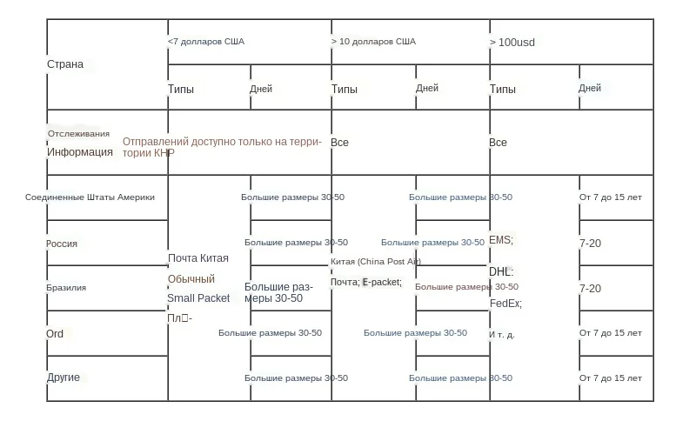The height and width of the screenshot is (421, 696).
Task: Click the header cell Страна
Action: coord(65,64)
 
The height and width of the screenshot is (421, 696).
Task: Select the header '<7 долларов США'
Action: coord(206,41)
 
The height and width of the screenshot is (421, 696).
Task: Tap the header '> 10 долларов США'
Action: coord(373,41)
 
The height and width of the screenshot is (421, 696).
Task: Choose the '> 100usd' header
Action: coord(512,42)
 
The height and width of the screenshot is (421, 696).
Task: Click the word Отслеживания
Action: coord(78,134)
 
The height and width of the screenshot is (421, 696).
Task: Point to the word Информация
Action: coord(80,151)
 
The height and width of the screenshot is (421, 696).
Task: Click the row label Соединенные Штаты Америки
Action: coord(90,197)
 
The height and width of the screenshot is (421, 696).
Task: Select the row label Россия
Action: coord(62,244)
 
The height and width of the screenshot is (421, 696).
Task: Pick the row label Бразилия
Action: coord(66,288)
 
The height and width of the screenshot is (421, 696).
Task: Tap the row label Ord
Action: coord(55,333)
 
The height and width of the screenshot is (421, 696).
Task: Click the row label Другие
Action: coord(64,378)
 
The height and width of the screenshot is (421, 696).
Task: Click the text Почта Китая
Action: coord(198,258)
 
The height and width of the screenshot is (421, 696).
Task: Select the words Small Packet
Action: coord(198,298)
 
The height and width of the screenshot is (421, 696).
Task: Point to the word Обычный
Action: coord(191,279)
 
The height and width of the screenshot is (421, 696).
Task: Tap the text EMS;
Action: coord(501,240)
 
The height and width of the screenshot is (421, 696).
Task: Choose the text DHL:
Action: coord(501,272)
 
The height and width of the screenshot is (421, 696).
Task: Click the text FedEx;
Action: coord(505,304)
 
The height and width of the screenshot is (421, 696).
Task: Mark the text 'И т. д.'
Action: coord(502,334)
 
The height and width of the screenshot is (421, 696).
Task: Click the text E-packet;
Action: coord(382,282)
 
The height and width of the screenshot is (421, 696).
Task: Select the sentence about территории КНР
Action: coord(222,147)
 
